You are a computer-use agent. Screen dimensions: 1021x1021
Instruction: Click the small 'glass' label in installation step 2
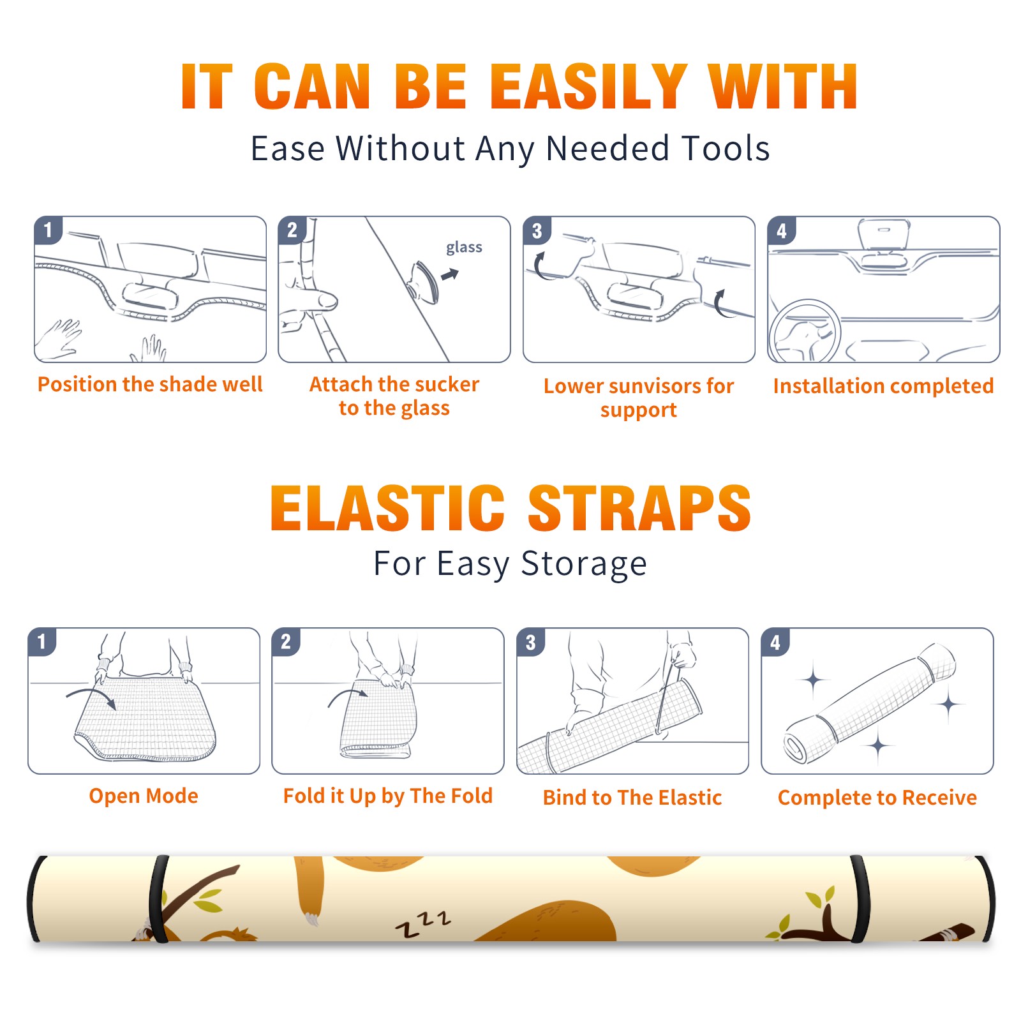[464, 248]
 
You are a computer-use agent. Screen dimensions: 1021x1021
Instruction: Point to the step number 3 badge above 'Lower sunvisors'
[537, 230]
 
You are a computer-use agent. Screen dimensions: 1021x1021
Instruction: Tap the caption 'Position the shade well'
[150, 384]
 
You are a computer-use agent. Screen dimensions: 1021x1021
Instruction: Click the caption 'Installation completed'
[883, 386]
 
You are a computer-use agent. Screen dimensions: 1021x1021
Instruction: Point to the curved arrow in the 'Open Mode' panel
[91, 697]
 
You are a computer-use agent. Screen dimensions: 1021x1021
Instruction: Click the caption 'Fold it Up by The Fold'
[388, 796]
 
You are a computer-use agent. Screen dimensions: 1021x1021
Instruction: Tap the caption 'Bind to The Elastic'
[632, 798]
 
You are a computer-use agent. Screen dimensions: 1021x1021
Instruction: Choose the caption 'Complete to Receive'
[877, 798]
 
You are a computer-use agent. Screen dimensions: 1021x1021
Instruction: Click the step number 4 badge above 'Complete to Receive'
[775, 642]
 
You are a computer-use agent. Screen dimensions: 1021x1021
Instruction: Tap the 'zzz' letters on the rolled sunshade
[423, 924]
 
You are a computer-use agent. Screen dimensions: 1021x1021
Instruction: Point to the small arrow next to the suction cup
[450, 274]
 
